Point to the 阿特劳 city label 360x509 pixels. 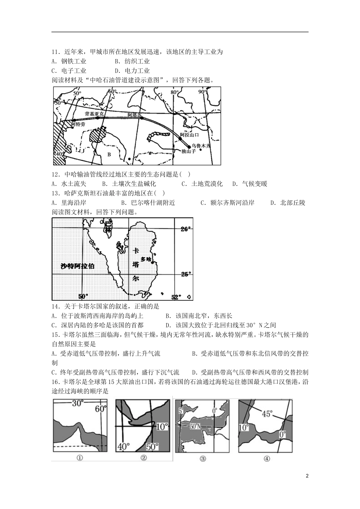pyautogui.click(x=78, y=124)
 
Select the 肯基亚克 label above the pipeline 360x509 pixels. pyautogui.click(x=94, y=113)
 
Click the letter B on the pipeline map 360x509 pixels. pyautogui.click(x=109, y=155)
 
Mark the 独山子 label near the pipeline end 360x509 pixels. pyautogui.click(x=188, y=151)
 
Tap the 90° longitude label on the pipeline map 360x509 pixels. pyautogui.click(x=203, y=92)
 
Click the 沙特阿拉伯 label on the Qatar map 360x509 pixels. pyautogui.click(x=78, y=266)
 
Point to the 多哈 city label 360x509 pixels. pyautogui.click(x=146, y=259)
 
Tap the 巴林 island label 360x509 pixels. pyautogui.click(x=108, y=227)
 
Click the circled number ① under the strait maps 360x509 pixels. pyautogui.click(x=80, y=458)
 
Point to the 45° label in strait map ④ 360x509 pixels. pyautogui.click(x=266, y=414)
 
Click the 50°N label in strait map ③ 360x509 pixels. pyautogui.click(x=195, y=426)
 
